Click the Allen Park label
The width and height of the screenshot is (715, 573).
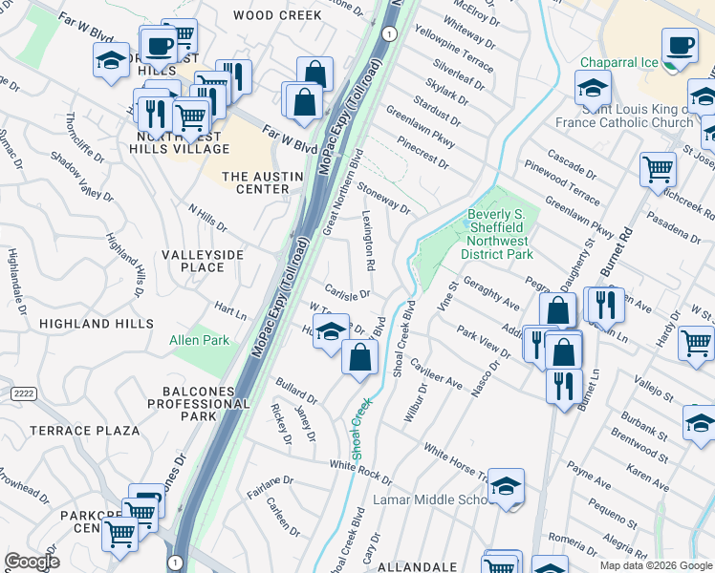[x=199, y=340]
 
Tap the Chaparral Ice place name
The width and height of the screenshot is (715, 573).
[x=618, y=63]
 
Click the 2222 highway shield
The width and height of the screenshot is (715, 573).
[x=23, y=393]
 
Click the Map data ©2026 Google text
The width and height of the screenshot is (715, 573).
[x=656, y=565]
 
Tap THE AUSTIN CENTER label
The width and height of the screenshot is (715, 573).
[x=255, y=182]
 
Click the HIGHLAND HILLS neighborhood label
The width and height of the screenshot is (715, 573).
[x=96, y=324]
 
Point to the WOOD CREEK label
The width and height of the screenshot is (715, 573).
[x=277, y=15]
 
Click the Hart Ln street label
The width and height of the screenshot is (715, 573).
[x=231, y=310]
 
